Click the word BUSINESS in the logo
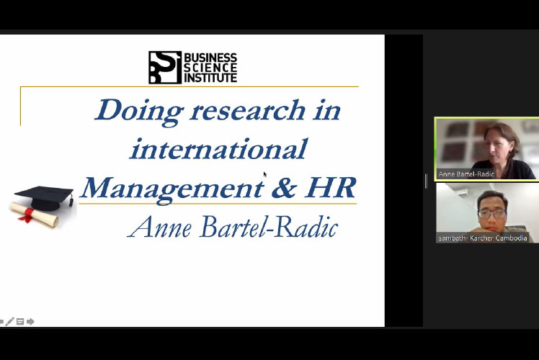[x=210, y=57]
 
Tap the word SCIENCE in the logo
[x=210, y=68]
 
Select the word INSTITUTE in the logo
[x=210, y=78]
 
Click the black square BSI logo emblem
[x=165, y=68]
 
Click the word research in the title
[x=247, y=111]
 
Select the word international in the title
[x=218, y=148]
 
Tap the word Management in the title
[x=172, y=189]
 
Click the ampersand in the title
[x=284, y=188]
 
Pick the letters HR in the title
[x=330, y=188]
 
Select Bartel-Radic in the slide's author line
[x=269, y=227]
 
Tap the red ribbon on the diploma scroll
[x=27, y=215]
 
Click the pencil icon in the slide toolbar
[x=9, y=322]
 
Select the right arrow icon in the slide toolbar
[x=30, y=322]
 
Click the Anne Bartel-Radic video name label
[x=466, y=174]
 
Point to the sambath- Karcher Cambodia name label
[x=483, y=238]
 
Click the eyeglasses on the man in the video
[x=492, y=214]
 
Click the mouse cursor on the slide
[x=265, y=174]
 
